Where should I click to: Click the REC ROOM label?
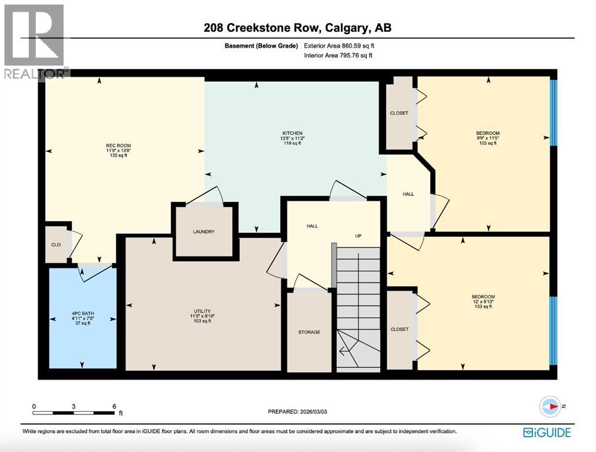(x=118, y=145)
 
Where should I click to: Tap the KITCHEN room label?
(x=292, y=133)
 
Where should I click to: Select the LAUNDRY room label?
(x=204, y=232)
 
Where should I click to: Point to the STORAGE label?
(x=309, y=333)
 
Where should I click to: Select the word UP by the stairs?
(x=357, y=236)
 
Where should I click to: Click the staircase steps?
(x=359, y=306)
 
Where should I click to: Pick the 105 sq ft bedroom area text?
(x=488, y=143)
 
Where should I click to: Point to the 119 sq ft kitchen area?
(x=292, y=143)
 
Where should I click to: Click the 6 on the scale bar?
(x=114, y=407)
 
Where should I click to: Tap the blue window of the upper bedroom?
(x=553, y=112)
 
